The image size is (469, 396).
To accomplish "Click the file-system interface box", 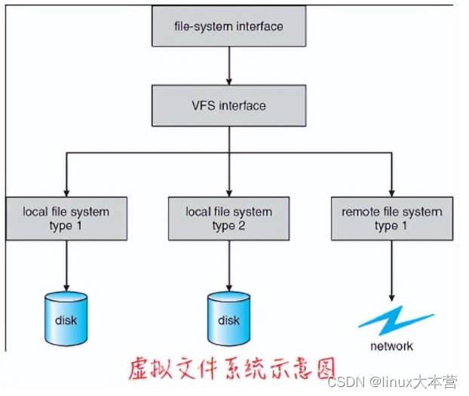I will [x=228, y=27].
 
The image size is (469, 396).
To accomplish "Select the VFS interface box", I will [x=228, y=105].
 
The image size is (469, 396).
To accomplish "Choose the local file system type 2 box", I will [x=228, y=218].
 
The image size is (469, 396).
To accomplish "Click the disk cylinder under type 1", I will [x=66, y=318].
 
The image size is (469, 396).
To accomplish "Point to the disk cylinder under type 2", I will [x=228, y=318].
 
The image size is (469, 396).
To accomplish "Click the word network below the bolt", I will [x=391, y=346].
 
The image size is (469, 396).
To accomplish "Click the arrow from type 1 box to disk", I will [x=66, y=263].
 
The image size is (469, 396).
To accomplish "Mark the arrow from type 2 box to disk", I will [x=228, y=263].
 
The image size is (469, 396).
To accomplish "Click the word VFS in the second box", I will [x=203, y=105].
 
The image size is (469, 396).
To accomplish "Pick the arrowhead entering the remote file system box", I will [x=392, y=193].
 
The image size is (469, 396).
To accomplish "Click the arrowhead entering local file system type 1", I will [x=66, y=193].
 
